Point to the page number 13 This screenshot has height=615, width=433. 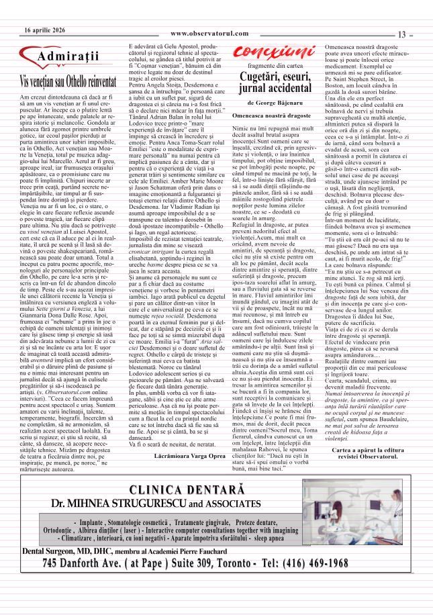click(402, 35)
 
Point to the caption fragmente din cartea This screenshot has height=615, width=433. click(273, 65)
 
